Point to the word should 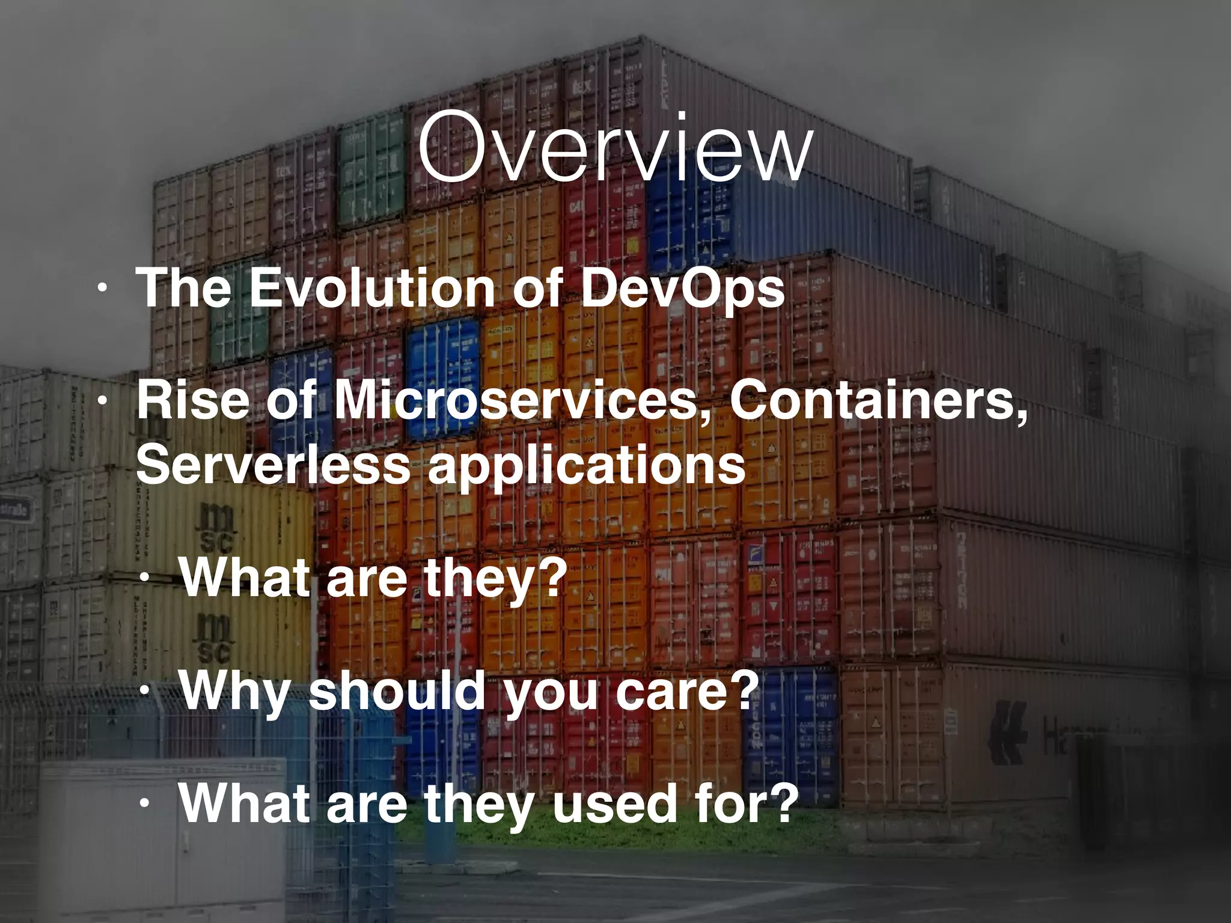tap(397, 691)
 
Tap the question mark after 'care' tap(739, 691)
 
